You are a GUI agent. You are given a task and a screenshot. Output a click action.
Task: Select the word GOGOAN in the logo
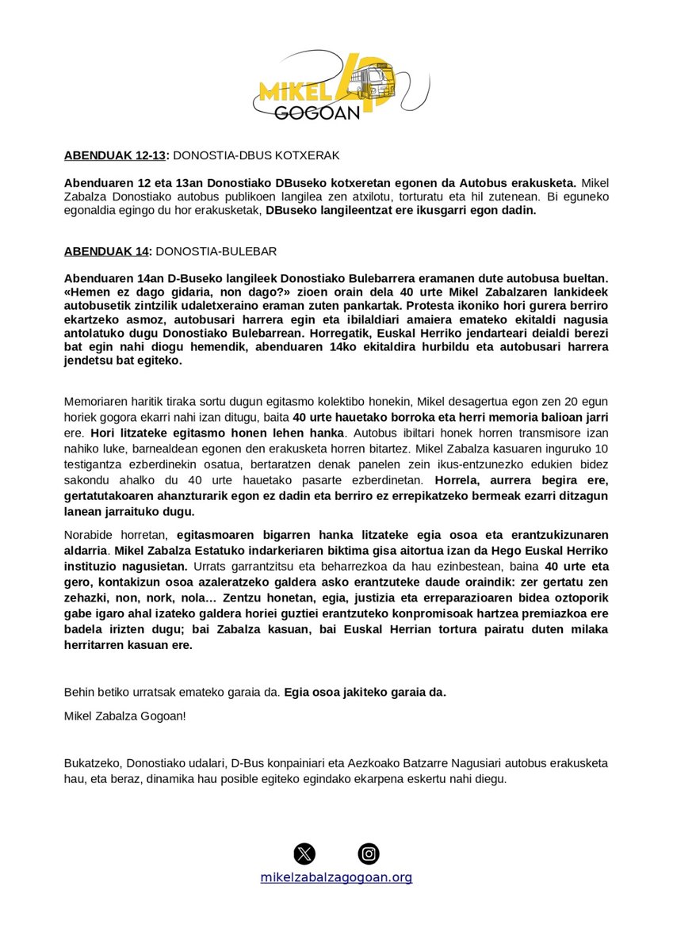pyautogui.click(x=317, y=112)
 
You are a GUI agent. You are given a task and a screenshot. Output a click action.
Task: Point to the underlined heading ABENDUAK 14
pyautogui.click(x=106, y=251)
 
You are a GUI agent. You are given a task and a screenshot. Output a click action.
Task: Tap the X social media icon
pyautogui.click(x=304, y=854)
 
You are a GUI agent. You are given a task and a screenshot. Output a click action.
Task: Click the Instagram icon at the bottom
pyautogui.click(x=369, y=854)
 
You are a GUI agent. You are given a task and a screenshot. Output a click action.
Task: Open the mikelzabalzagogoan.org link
pyautogui.click(x=336, y=877)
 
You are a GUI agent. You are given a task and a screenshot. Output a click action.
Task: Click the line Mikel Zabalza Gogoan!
pyautogui.click(x=125, y=716)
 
